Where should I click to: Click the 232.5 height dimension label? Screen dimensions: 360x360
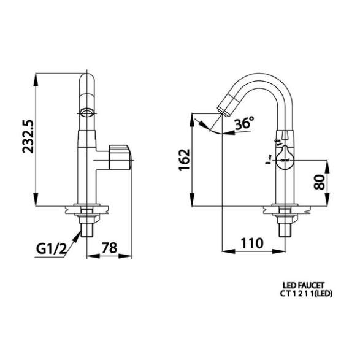pos(28,136)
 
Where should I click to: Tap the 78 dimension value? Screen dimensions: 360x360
pos(109,248)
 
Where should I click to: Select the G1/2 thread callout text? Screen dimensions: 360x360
pos(52,248)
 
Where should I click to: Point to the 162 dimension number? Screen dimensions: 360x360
pos(185,160)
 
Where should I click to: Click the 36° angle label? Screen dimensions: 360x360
pos(245,123)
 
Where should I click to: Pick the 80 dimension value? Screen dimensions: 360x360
pos(320,182)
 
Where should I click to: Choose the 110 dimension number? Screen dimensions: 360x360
pos(251,243)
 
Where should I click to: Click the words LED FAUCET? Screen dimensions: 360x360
pos(304,285)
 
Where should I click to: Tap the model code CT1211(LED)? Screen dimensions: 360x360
pos(306,294)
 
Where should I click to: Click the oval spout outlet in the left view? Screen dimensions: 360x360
pos(87,113)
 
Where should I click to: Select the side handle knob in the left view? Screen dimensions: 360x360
pos(120,157)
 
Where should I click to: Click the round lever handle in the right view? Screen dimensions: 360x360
pos(285,158)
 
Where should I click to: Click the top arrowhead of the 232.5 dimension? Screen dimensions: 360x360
pos(36,79)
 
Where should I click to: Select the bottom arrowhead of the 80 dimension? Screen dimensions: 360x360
pos(327,199)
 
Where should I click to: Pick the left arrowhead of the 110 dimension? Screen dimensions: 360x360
pos(228,251)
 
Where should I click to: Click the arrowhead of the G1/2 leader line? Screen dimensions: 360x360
pos(77,236)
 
